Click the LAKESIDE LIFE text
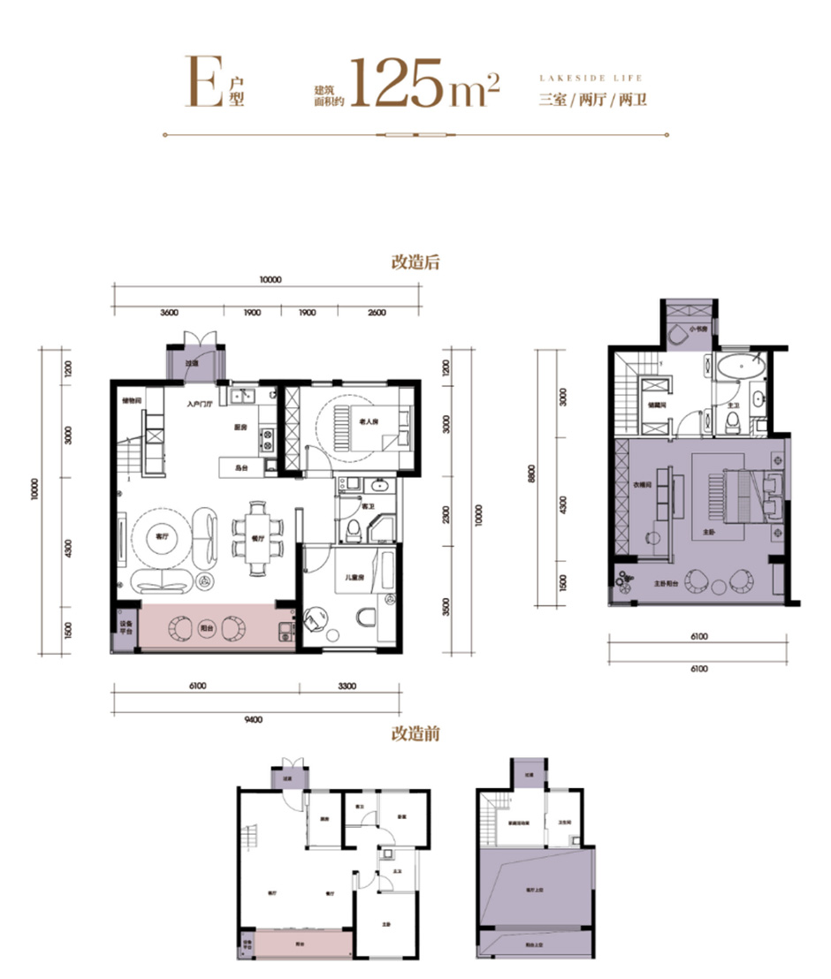(x=591, y=78)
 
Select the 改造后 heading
(x=415, y=262)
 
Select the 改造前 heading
(x=415, y=733)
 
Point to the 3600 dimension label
(x=170, y=313)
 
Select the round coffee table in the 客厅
(x=161, y=536)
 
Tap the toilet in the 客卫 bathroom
(x=354, y=530)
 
